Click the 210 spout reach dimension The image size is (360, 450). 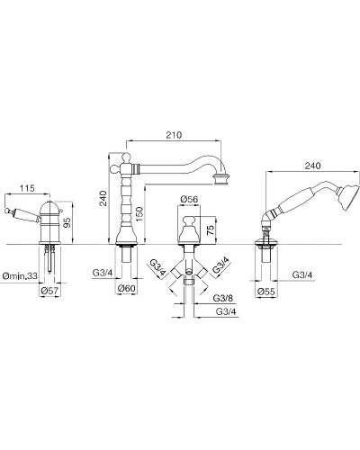174,135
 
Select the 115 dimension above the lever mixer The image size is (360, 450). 27,188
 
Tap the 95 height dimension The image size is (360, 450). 67,222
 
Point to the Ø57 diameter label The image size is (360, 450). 49,291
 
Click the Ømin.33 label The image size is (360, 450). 20,275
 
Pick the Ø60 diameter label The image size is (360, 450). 127,288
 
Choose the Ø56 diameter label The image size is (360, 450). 189,199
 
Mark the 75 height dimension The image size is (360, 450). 211,229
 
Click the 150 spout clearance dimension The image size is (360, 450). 139,214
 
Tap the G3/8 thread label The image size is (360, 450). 223,298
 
